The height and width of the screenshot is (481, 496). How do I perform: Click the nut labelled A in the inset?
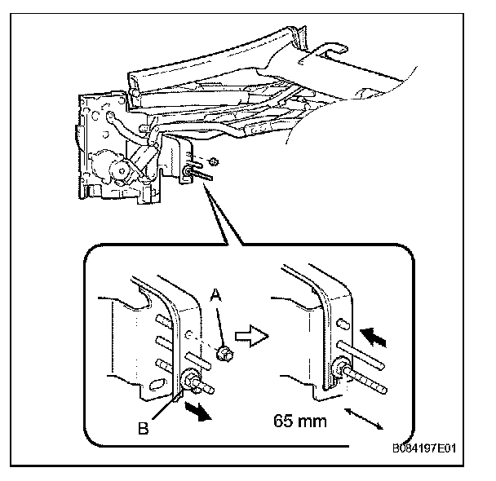click(225, 353)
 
